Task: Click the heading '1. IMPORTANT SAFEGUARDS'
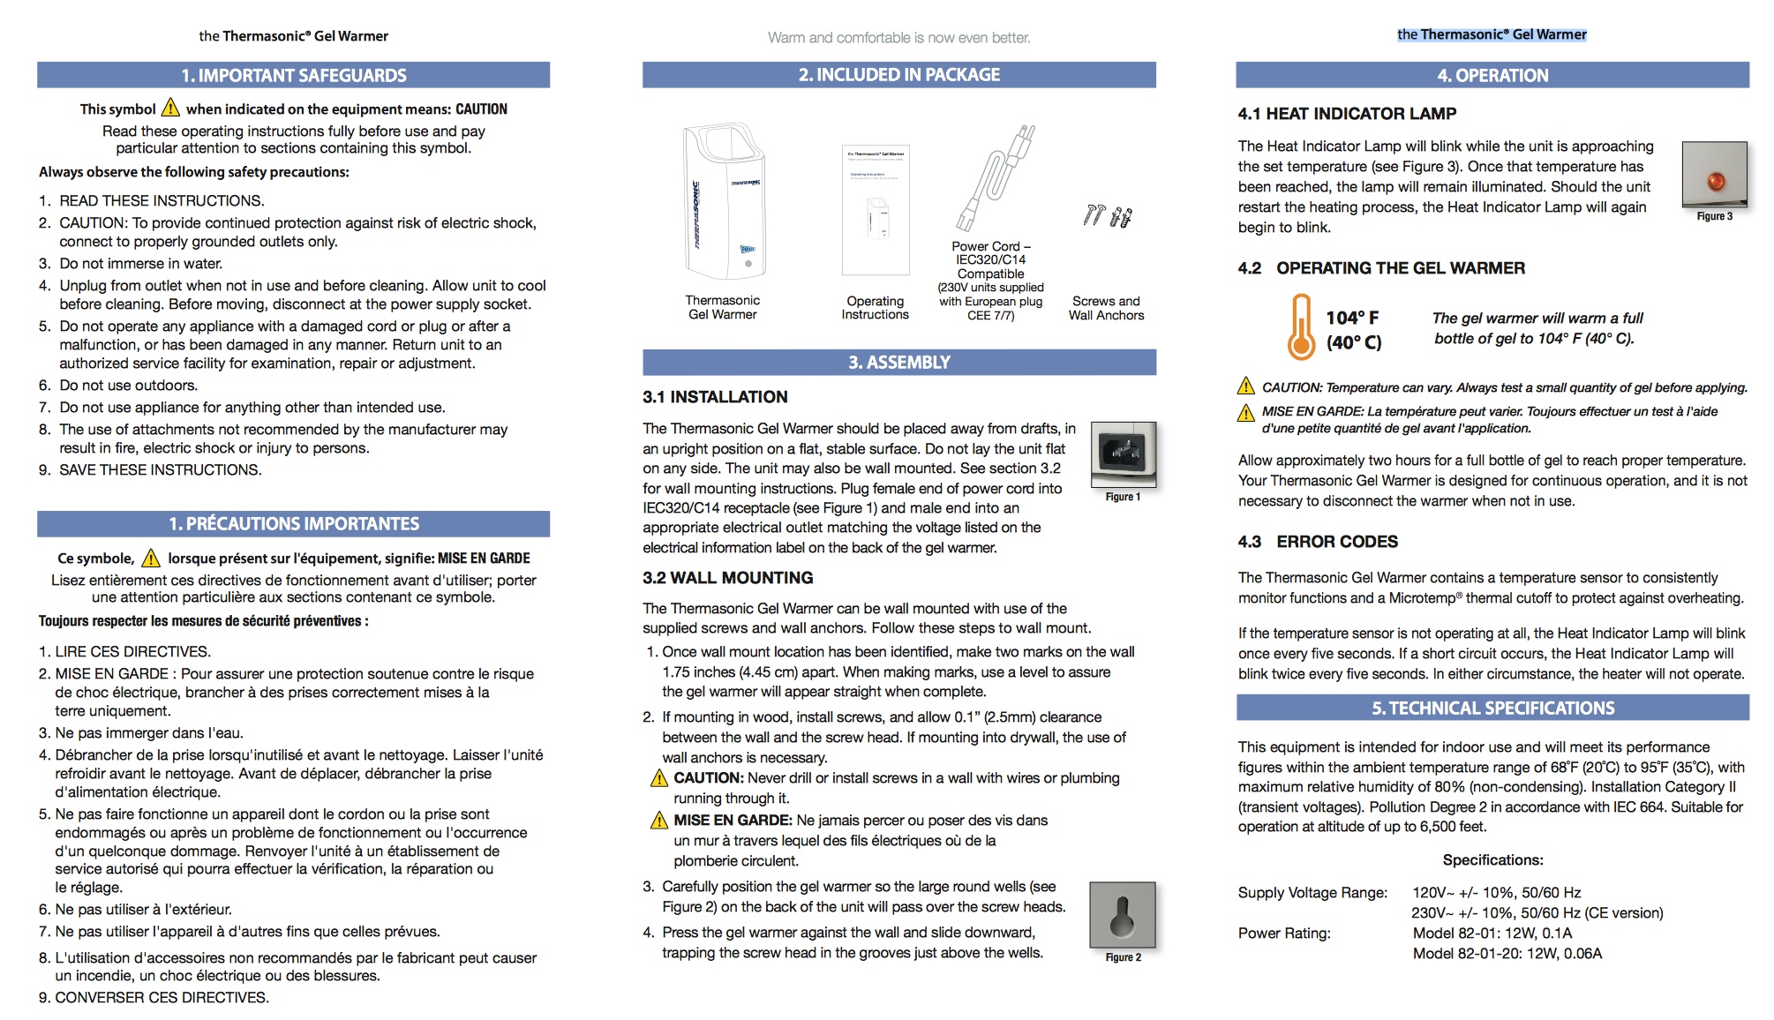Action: coord(293,76)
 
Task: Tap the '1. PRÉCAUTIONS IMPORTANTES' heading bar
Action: coord(293,524)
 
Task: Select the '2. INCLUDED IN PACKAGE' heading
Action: coord(898,75)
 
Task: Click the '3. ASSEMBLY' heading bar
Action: coord(898,363)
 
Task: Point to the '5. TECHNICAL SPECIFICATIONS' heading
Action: coord(1492,709)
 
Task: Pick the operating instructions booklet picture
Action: coord(875,210)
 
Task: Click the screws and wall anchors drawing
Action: coord(1107,215)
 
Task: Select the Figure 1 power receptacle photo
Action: coord(1123,454)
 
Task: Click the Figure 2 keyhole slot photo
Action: coord(1122,915)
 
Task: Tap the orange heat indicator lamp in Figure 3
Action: coord(1716,181)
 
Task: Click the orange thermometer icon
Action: coord(1300,328)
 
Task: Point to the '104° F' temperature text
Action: coord(1352,318)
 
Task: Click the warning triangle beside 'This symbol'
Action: coord(170,109)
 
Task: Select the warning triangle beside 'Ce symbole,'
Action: coord(151,558)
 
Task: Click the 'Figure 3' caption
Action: coord(1714,216)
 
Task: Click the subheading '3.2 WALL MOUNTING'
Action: coord(728,578)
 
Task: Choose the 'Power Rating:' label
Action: coord(1284,934)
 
